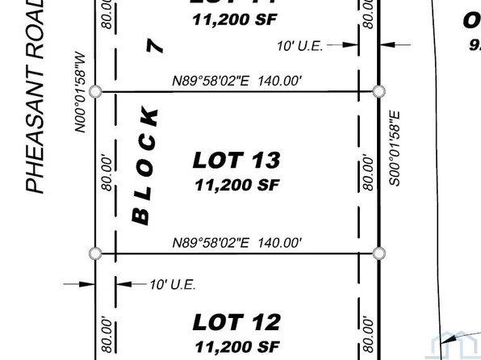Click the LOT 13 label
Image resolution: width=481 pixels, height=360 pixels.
[x=236, y=160]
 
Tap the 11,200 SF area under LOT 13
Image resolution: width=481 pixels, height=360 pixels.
[x=236, y=184]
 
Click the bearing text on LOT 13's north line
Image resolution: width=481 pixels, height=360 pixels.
[x=237, y=82]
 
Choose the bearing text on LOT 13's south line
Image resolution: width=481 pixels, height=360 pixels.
[x=237, y=242]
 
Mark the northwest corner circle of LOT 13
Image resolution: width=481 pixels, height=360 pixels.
[x=96, y=92]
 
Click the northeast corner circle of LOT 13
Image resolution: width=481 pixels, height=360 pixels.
[x=379, y=92]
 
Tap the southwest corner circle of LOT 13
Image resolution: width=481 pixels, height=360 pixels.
[x=96, y=253]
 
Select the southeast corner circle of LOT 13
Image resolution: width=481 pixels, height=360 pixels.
[x=379, y=253]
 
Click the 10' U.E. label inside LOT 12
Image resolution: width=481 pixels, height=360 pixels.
[x=173, y=284]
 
